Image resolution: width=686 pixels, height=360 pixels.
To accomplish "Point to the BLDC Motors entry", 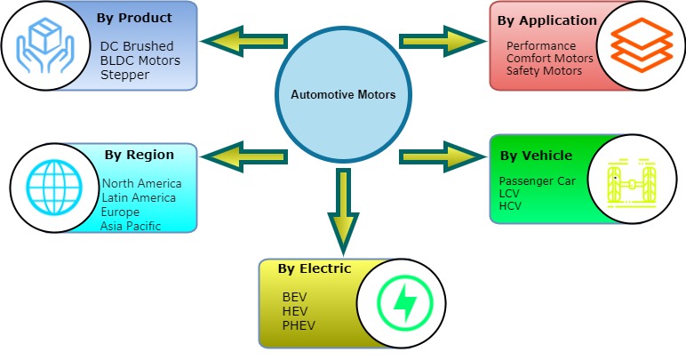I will pyautogui.click(x=140, y=60).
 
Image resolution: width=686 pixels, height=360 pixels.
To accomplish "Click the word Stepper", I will pyautogui.click(x=124, y=75).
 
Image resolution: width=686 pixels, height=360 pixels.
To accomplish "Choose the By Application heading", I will pyautogui.click(x=547, y=20).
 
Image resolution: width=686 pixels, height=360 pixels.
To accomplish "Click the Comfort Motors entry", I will pyautogui.click(x=550, y=59).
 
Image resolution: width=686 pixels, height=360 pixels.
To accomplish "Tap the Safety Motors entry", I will pyautogui.click(x=544, y=70).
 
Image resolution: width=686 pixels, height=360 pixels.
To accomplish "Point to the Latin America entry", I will pyautogui.click(x=139, y=197).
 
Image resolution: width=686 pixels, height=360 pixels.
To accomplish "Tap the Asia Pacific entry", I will pyautogui.click(x=132, y=226).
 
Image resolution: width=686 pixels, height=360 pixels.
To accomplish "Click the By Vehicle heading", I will pyautogui.click(x=536, y=156).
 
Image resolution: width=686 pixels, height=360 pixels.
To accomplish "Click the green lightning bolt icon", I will pyautogui.click(x=403, y=303).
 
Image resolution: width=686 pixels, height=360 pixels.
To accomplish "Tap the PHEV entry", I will pyautogui.click(x=299, y=325).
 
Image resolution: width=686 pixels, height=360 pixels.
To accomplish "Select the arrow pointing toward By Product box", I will pyautogui.click(x=243, y=41).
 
